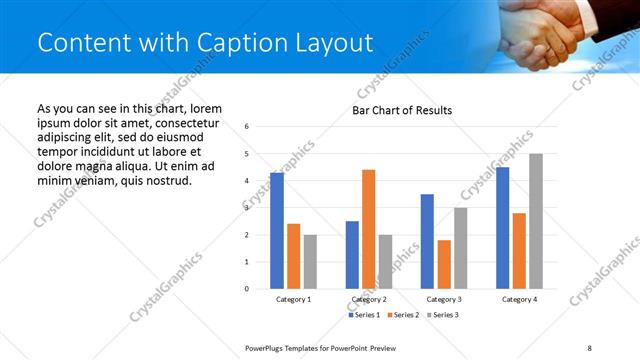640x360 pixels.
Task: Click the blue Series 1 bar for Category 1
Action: click(277, 230)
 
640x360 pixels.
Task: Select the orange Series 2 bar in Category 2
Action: click(368, 229)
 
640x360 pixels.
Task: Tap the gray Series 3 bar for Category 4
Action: click(535, 221)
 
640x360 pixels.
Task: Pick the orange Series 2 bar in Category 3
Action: click(444, 264)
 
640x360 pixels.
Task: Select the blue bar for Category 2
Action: click(352, 255)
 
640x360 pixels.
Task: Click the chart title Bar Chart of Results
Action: click(401, 110)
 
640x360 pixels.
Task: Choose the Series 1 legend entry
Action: click(363, 315)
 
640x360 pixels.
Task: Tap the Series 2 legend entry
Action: click(402, 315)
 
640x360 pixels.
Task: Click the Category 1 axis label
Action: click(293, 299)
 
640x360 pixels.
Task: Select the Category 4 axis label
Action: click(519, 299)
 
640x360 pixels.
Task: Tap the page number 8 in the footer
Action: click(589, 347)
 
